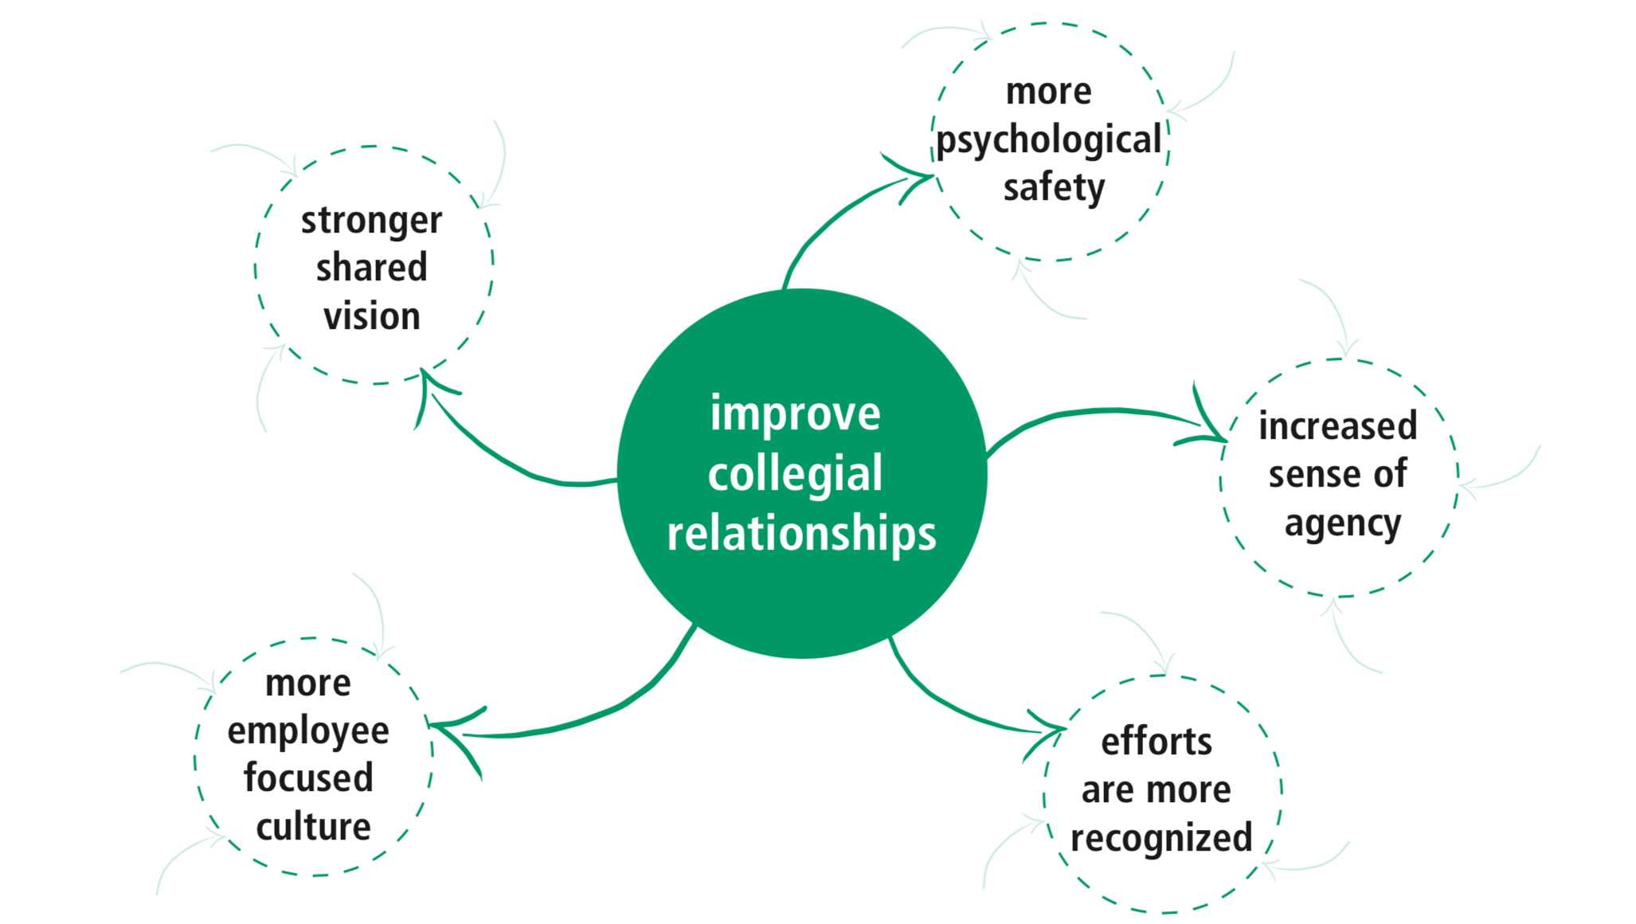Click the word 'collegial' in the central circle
click(795, 474)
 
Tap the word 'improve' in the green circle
click(795, 414)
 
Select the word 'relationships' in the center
click(801, 533)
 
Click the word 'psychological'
click(1048, 141)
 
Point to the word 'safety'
click(1054, 188)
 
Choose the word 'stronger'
click(371, 221)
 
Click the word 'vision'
click(371, 316)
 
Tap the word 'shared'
click(371, 268)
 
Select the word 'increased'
click(1337, 426)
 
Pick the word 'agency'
click(1343, 523)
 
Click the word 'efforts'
click(1157, 742)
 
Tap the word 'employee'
click(308, 731)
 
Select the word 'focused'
click(308, 778)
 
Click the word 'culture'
click(313, 827)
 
